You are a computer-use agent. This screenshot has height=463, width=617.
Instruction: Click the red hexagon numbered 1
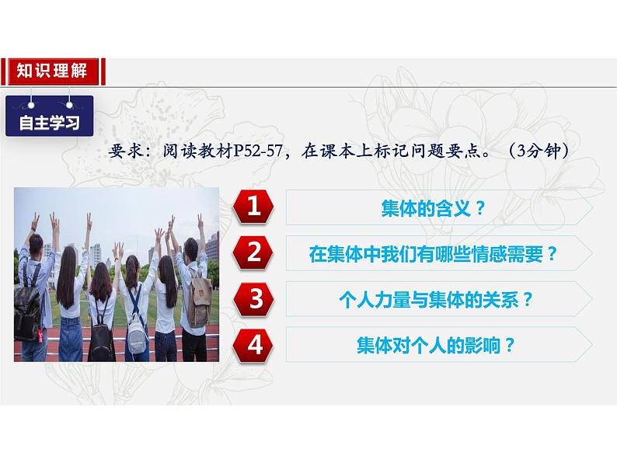coord(253,207)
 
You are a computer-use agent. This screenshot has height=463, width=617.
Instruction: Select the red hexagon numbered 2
coord(253,253)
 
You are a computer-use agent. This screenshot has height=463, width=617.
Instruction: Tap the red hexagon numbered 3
coord(253,299)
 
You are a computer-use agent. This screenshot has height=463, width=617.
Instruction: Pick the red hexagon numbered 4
coord(253,344)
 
